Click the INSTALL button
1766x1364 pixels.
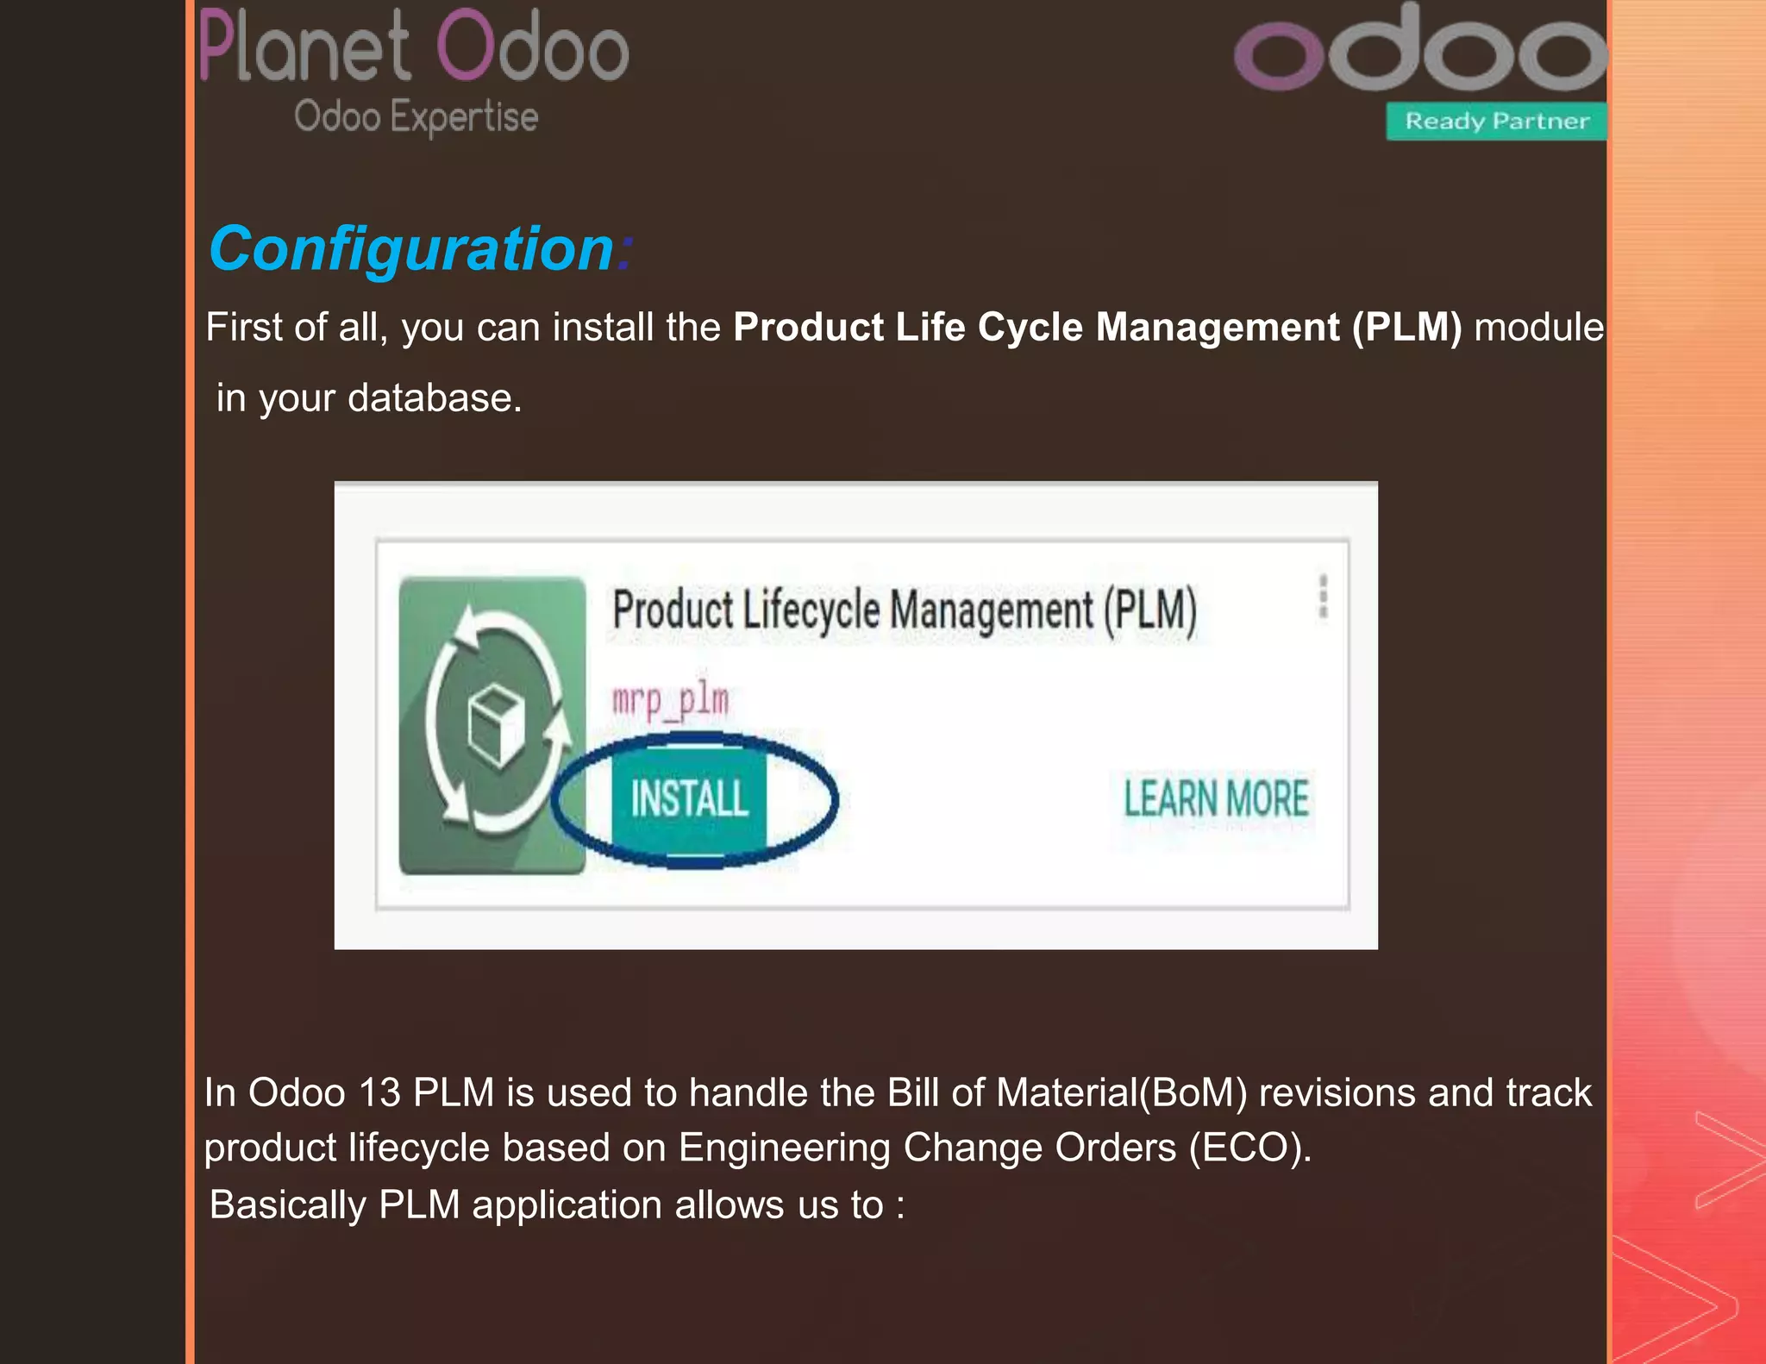point(689,798)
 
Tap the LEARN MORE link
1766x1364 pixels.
point(1216,798)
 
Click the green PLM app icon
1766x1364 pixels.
point(492,725)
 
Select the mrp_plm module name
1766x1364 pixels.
point(671,699)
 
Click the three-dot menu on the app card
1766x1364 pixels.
point(1323,597)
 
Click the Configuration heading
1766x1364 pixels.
point(412,249)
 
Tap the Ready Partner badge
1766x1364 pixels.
point(1496,121)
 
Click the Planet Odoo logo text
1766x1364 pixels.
point(414,47)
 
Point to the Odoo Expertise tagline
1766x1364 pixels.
point(416,116)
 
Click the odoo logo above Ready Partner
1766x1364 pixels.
point(1421,52)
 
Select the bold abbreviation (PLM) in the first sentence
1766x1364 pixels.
point(1406,328)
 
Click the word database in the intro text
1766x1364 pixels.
point(434,398)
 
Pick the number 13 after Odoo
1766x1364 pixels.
point(379,1092)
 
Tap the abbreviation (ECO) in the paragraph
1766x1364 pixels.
point(1249,1148)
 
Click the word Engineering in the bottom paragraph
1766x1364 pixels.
point(784,1148)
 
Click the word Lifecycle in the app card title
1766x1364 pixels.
point(811,610)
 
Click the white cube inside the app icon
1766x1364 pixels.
point(497,723)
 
